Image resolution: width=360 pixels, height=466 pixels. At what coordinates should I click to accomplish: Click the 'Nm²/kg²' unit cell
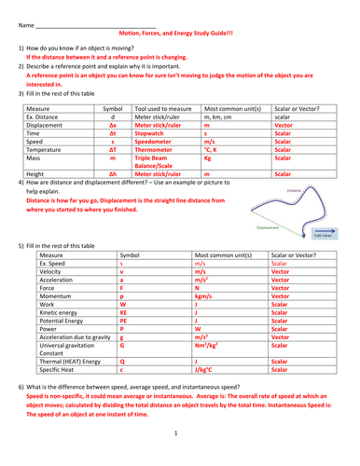[207, 351]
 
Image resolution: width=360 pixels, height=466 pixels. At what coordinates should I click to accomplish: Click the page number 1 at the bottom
[175, 432]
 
